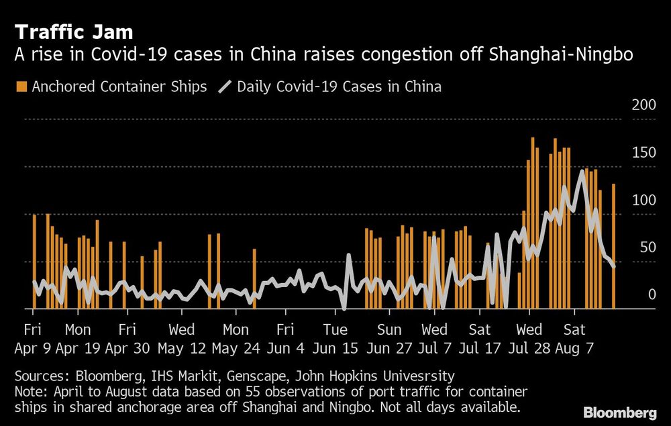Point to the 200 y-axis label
(645, 106)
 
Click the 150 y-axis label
(645, 153)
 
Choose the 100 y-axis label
(645, 200)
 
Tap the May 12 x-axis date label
(181, 350)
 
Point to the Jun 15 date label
(335, 350)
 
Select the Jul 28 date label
(529, 350)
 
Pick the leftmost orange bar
(34, 262)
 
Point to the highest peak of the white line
(582, 171)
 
